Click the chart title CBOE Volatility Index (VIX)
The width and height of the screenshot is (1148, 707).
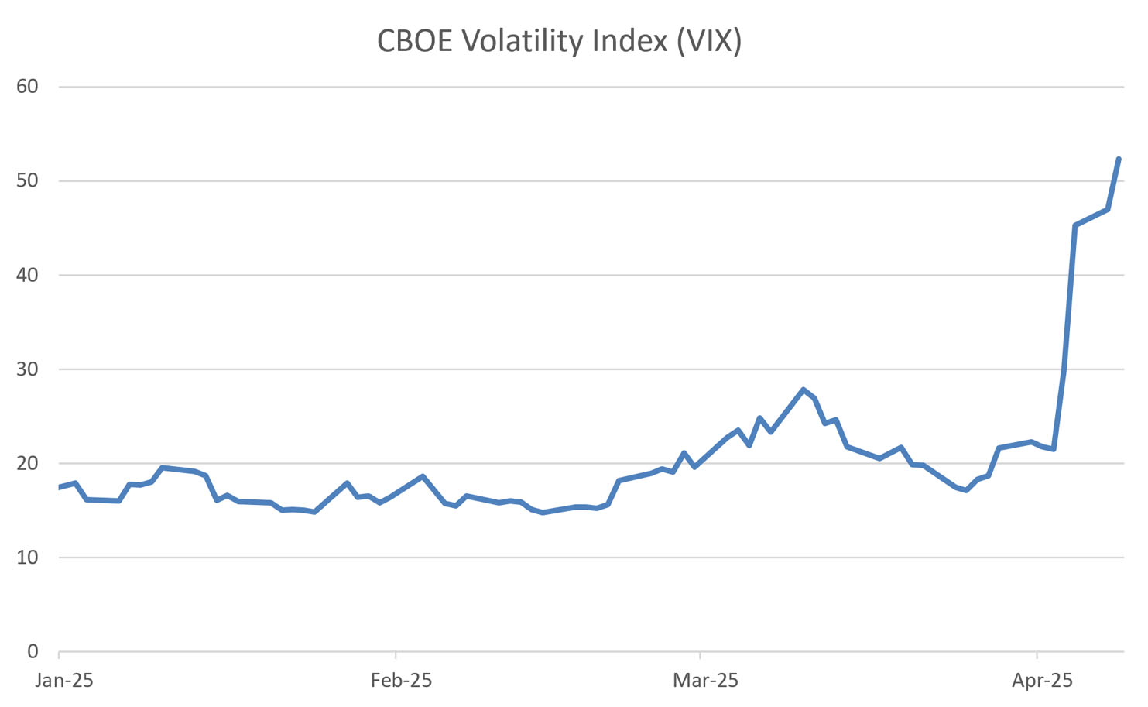tap(559, 40)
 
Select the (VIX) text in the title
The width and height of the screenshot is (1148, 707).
tap(708, 40)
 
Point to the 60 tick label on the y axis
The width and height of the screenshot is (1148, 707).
tap(27, 86)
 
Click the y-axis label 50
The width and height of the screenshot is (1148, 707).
tap(27, 180)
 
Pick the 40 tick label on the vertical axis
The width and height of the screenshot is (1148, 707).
tap(27, 275)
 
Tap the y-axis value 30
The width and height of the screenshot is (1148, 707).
tap(27, 369)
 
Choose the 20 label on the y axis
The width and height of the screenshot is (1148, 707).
tap(27, 463)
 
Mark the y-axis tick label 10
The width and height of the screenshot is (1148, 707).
tap(27, 558)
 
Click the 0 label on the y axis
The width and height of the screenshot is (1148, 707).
tap(33, 651)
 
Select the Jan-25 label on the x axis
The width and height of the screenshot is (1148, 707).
tap(65, 681)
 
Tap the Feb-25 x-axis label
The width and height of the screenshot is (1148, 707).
tap(401, 681)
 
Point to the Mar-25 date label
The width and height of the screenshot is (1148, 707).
tap(705, 681)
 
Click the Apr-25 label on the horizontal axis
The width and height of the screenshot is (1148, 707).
tap(1042, 681)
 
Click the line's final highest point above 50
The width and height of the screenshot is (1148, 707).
tap(1119, 159)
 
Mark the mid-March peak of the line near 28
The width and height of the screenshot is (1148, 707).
tap(804, 390)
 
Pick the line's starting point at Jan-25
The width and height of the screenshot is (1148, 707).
tap(60, 487)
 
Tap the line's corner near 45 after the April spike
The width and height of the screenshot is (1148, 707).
tap(1074, 225)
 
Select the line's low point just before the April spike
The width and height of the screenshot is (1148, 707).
tap(1053, 449)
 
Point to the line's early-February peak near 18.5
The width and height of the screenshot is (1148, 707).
tap(423, 476)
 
